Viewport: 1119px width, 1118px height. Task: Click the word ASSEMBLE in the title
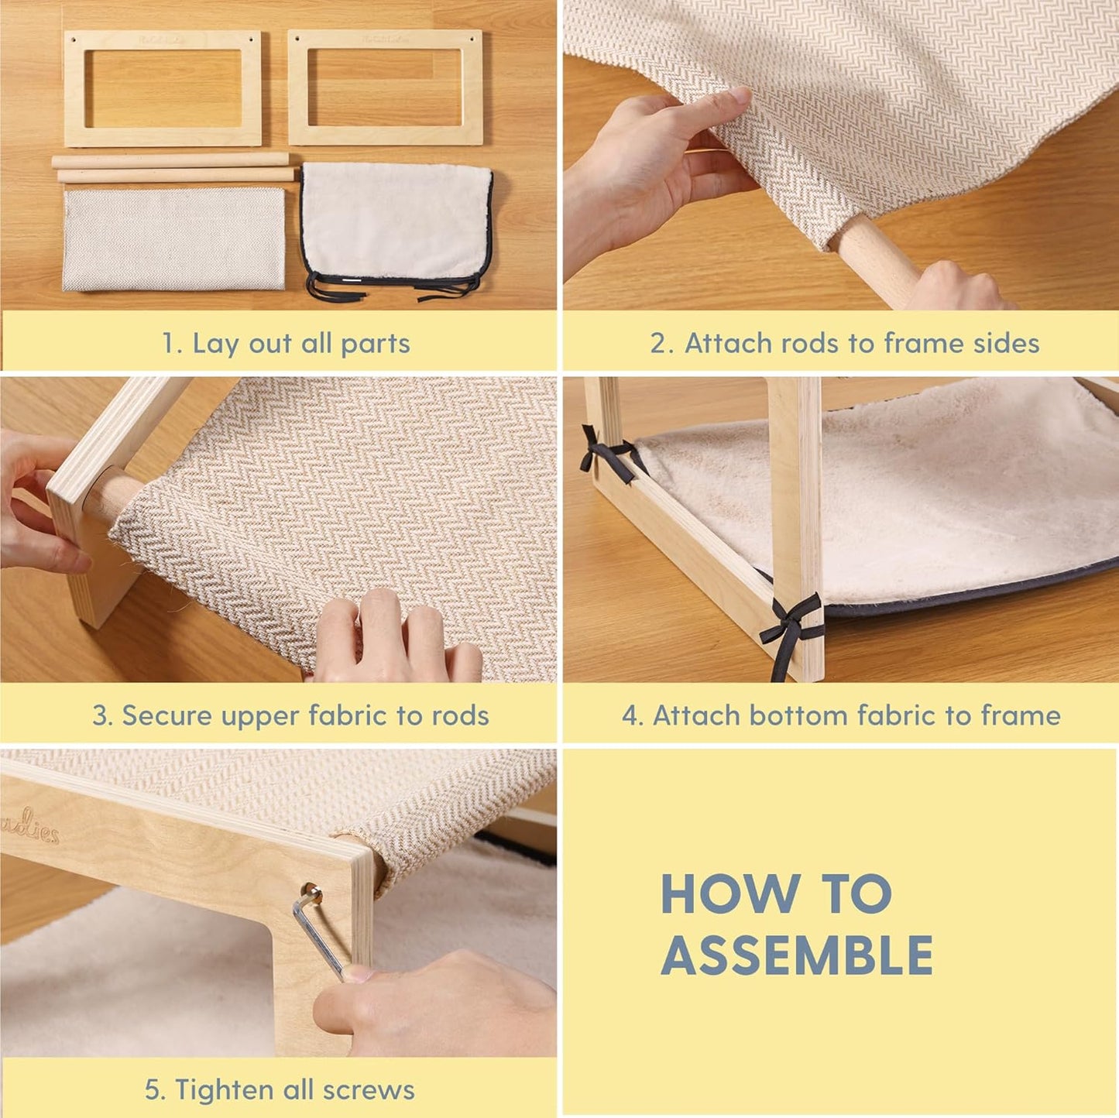tap(796, 955)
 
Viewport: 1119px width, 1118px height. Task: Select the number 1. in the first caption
tap(173, 343)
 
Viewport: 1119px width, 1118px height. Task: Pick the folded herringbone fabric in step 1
tap(173, 238)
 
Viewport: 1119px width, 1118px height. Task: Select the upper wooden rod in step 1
tap(170, 160)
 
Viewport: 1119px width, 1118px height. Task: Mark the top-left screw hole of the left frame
tap(74, 39)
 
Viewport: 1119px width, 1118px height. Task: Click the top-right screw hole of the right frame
tap(472, 39)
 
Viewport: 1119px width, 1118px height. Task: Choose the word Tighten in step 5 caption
tap(223, 1090)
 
